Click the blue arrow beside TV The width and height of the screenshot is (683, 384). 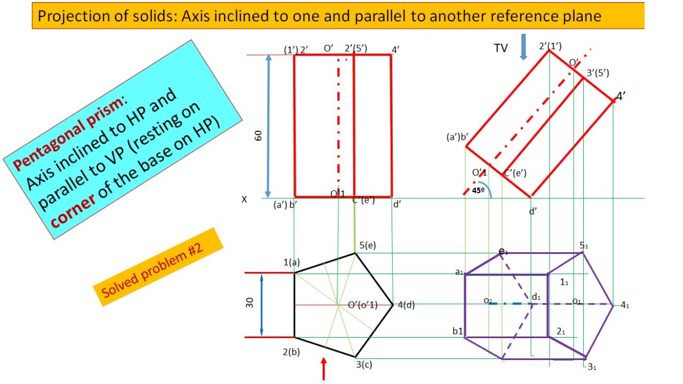[x=523, y=47]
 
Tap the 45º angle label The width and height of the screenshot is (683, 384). [x=478, y=190]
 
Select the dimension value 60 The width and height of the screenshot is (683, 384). [x=258, y=135]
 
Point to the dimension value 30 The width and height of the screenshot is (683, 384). [x=250, y=303]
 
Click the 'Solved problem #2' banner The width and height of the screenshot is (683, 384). [x=158, y=267]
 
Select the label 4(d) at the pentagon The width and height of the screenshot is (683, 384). [x=406, y=305]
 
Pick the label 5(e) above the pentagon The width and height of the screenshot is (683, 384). [x=368, y=245]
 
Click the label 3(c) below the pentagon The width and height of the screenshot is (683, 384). [x=364, y=364]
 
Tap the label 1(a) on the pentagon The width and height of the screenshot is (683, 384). [x=292, y=262]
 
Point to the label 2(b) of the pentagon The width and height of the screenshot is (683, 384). [x=291, y=352]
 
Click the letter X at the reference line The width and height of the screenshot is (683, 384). [x=244, y=199]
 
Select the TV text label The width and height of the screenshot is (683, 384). [x=501, y=48]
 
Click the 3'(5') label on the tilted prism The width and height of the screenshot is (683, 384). [x=598, y=73]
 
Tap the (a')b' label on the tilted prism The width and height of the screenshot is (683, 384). [x=457, y=137]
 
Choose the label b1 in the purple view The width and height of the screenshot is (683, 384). [x=458, y=331]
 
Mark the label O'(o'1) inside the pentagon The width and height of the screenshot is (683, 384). [x=363, y=305]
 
